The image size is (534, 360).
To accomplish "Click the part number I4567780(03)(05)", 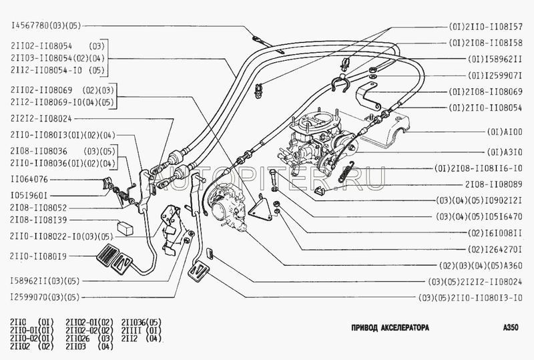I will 45,27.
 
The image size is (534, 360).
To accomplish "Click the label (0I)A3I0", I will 505,152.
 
